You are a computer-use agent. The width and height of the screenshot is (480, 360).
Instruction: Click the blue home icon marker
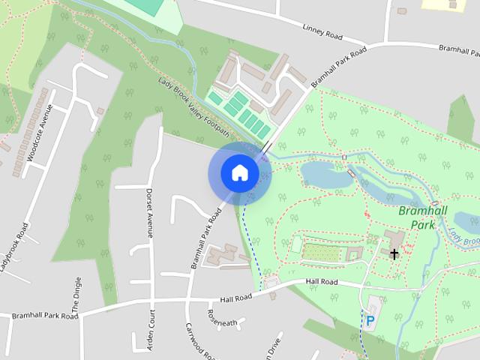pos(239,172)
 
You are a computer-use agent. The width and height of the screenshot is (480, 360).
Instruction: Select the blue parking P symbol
pos(370,321)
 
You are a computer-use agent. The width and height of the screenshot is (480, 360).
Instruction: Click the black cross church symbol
pos(394,254)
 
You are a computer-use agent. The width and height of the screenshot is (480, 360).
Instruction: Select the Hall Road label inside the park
pos(322,282)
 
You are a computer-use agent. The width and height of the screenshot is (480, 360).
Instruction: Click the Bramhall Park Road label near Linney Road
pos(339,66)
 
